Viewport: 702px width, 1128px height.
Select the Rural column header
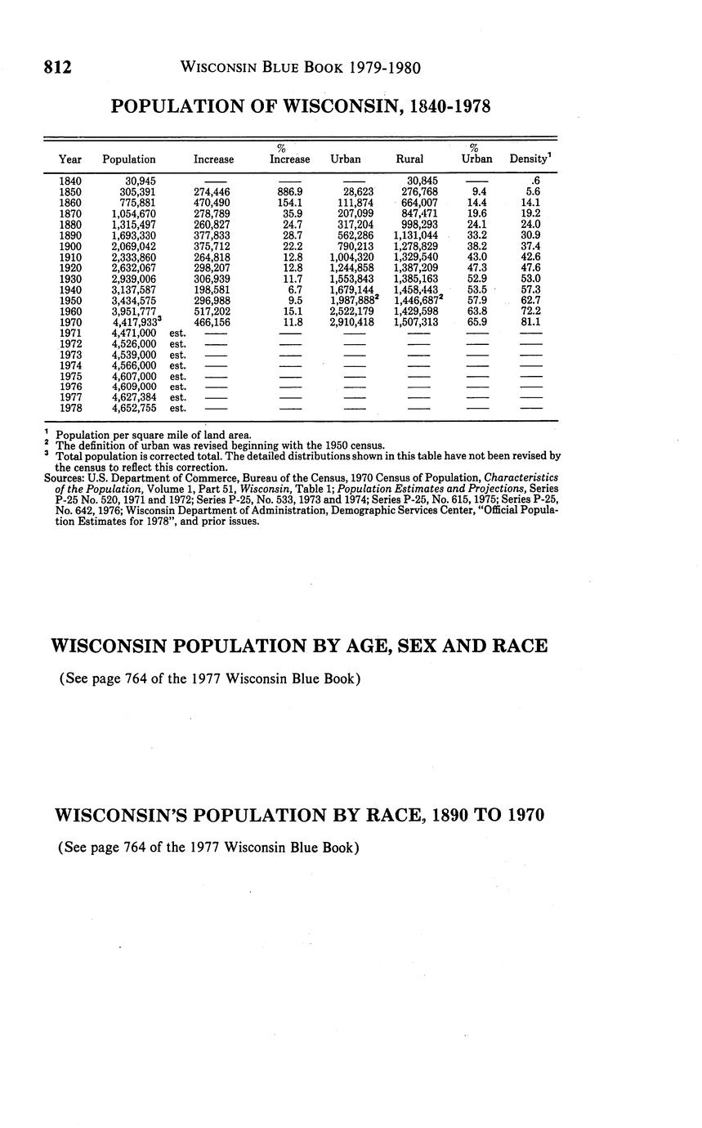click(x=409, y=159)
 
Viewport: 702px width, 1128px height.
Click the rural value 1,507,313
click(x=417, y=323)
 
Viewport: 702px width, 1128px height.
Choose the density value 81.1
click(x=530, y=323)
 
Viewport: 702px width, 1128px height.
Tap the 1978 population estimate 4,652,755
click(x=134, y=408)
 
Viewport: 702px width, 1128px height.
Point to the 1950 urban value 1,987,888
click(x=351, y=301)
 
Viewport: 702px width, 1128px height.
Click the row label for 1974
click(x=70, y=365)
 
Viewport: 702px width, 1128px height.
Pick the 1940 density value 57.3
click(x=530, y=290)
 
